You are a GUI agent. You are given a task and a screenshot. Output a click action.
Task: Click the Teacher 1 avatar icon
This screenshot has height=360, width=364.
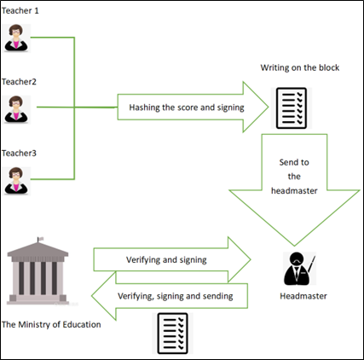16,38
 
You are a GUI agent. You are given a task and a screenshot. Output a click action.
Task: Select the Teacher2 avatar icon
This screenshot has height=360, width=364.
16,109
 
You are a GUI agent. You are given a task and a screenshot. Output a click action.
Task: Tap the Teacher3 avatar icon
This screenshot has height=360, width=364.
16,181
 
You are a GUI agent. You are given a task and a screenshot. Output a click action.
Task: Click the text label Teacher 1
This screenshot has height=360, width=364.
20,11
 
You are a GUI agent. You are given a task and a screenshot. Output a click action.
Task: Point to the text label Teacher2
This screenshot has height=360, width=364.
19,82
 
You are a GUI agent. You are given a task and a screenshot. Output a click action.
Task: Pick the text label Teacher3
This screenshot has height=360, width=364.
19,154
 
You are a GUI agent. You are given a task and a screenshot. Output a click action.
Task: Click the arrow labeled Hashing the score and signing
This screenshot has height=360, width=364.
193,107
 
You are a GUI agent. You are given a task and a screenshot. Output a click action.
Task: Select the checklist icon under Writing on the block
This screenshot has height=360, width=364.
292,108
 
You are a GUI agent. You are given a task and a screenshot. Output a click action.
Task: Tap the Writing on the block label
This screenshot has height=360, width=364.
300,67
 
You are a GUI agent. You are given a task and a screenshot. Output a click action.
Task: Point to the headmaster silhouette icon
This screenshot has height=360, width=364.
299,269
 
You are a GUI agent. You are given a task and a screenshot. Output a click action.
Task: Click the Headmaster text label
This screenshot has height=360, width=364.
303,296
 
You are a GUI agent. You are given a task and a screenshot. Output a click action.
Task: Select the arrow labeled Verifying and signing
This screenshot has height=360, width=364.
172,259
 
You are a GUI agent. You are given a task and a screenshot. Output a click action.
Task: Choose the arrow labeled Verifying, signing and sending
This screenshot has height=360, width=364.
170,296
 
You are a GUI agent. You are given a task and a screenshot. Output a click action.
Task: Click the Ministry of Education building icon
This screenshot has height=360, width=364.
38,270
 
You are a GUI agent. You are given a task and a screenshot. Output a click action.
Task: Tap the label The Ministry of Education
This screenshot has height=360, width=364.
51,324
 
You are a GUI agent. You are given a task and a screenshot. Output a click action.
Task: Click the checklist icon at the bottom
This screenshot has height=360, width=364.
172,334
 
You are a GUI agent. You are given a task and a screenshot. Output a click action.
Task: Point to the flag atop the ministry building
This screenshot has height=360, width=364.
41,239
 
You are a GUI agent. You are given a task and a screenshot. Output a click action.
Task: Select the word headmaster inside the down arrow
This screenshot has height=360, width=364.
294,190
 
